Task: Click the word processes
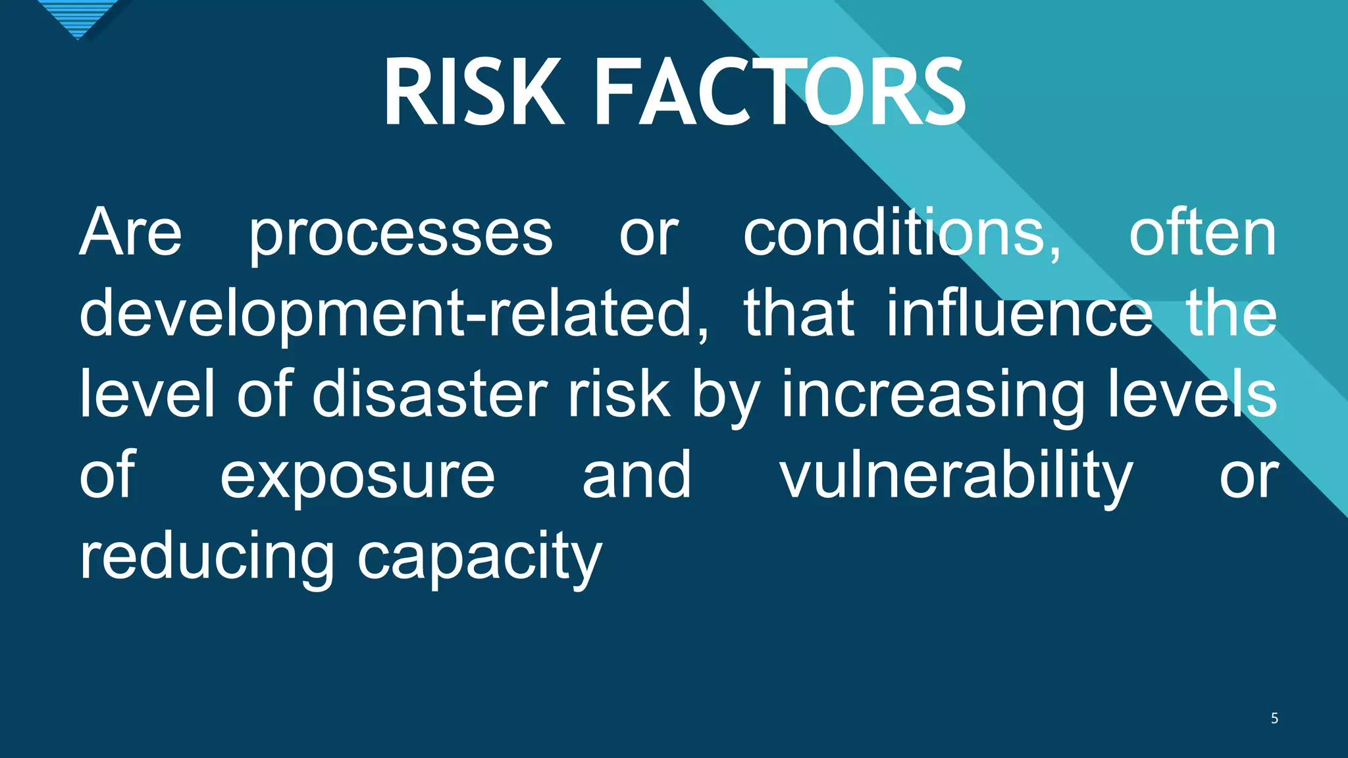point(400,237)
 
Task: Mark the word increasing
point(933,397)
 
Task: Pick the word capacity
point(479,560)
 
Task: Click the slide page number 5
point(1274,719)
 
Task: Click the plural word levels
point(1193,394)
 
